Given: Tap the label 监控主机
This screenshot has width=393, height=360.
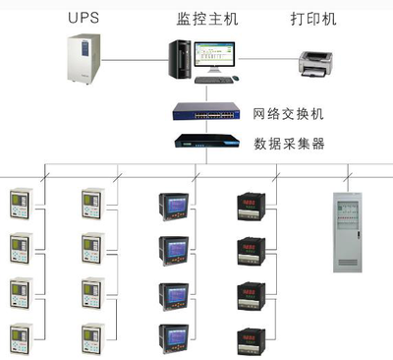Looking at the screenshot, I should (201, 17).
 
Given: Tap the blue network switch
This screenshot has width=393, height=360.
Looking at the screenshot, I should (207, 114).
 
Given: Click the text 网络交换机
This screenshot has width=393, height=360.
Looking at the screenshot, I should (289, 115).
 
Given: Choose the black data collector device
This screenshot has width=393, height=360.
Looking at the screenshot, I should (207, 143).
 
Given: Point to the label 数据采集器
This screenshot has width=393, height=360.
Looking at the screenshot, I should (289, 144).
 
